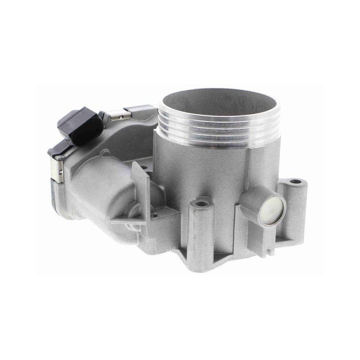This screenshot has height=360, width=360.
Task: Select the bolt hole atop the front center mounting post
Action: pyautogui.click(x=202, y=204)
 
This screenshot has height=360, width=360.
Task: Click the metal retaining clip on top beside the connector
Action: pyautogui.click(x=119, y=115)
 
